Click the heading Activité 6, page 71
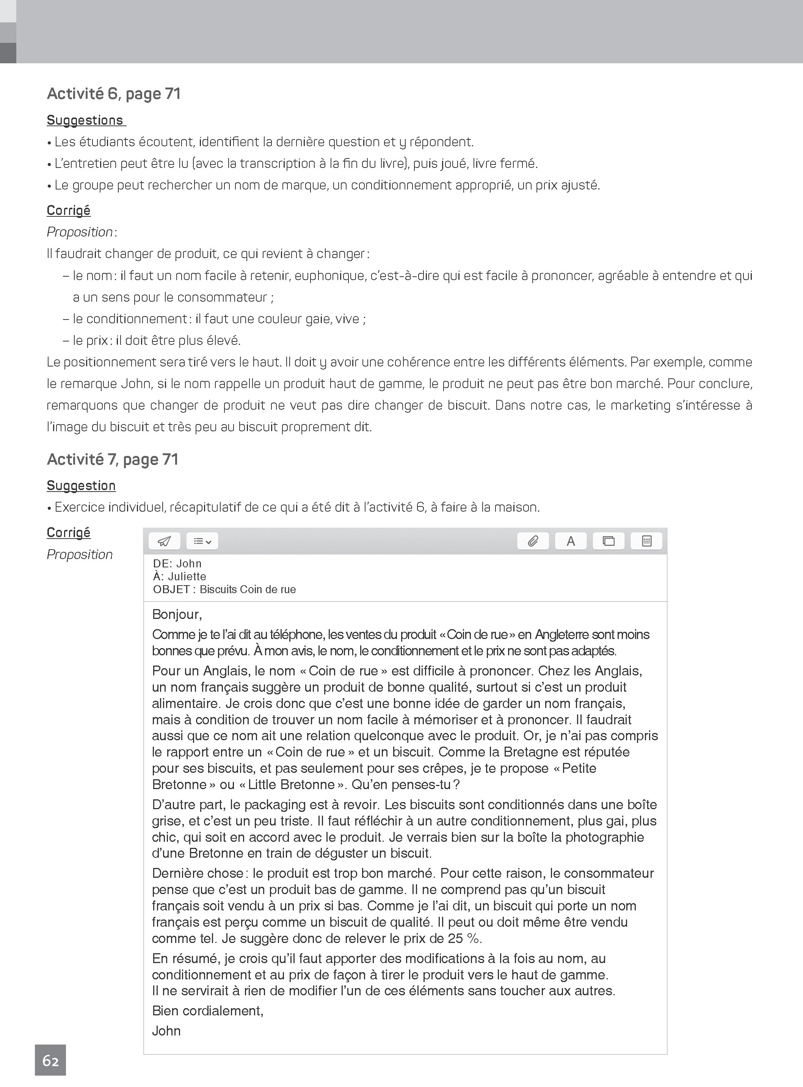[113, 94]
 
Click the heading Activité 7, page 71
[112, 460]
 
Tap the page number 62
[50, 1060]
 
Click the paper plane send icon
[164, 541]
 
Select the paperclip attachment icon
[533, 541]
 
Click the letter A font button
[571, 541]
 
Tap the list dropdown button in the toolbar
[202, 541]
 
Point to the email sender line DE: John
[177, 564]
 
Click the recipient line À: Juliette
[179, 576]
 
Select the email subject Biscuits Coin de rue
[248, 589]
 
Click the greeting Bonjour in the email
[176, 614]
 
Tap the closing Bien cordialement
[207, 1011]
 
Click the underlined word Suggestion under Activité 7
[81, 486]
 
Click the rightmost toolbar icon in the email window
[646, 541]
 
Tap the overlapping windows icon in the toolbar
[609, 541]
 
